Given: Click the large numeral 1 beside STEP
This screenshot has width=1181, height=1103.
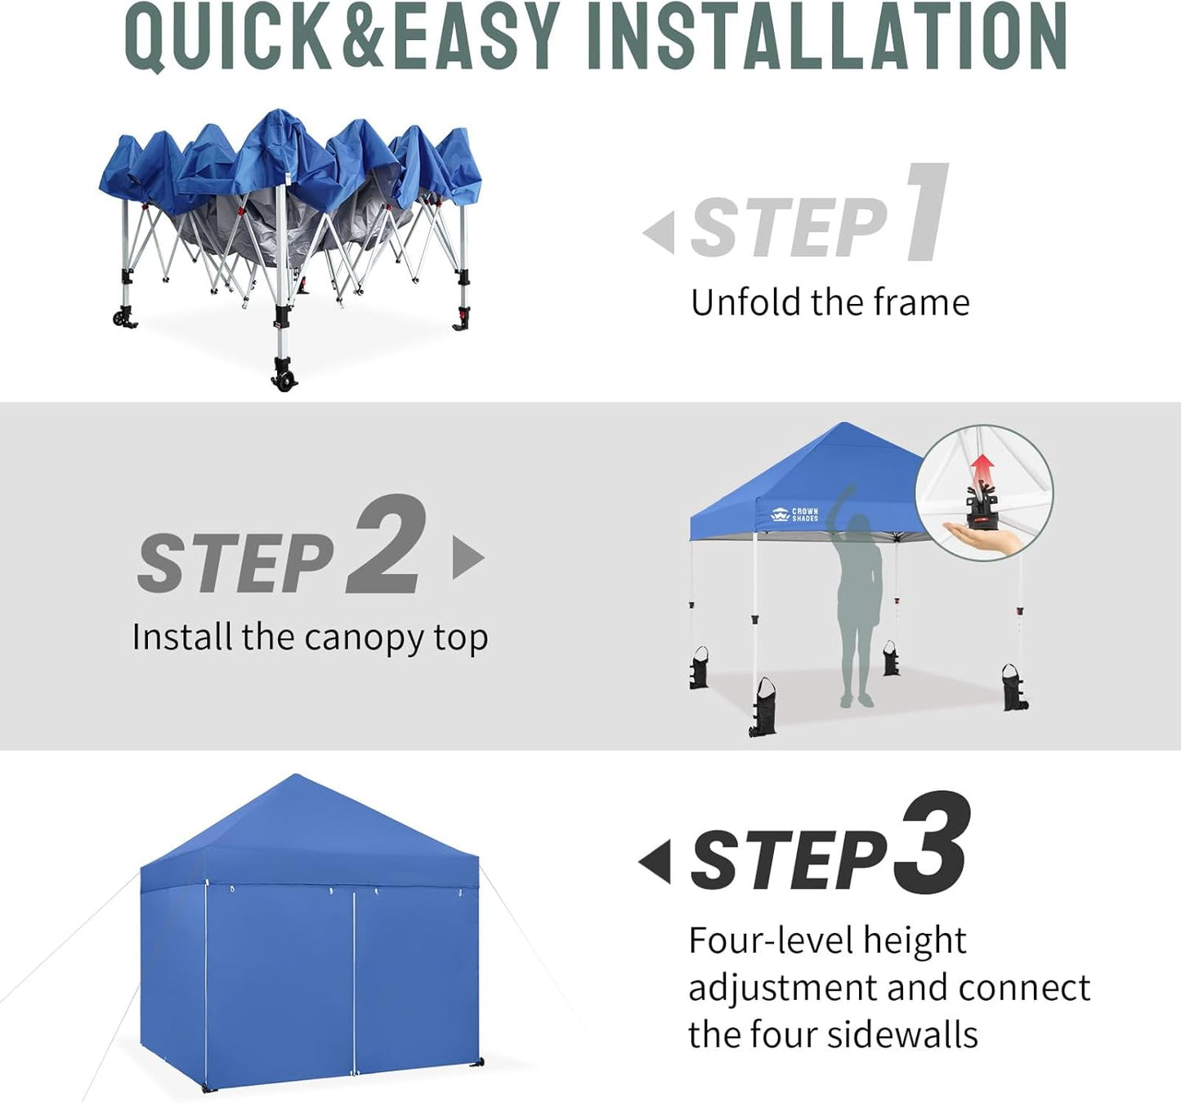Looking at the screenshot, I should click(928, 212).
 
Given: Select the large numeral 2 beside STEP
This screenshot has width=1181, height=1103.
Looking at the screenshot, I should click(386, 545).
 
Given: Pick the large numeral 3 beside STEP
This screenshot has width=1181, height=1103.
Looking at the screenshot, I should click(932, 843).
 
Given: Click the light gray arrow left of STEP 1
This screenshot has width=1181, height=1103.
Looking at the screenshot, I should click(660, 232).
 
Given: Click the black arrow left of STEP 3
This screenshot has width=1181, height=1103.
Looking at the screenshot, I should click(655, 861).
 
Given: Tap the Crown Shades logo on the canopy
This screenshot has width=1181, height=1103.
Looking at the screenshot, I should click(794, 515).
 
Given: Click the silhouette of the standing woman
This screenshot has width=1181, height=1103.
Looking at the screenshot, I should click(857, 605).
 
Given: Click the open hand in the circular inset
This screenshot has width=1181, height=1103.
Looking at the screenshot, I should click(985, 538).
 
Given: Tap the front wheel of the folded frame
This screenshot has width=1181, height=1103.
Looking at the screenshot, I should click(284, 377).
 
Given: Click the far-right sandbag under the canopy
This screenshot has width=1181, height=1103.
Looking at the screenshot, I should click(1014, 687).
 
